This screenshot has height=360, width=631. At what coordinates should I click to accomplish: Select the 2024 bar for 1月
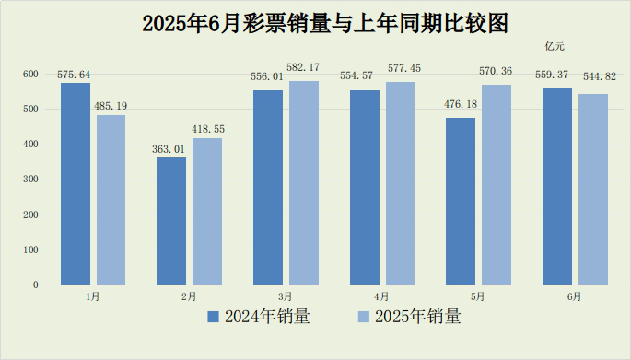(x=76, y=183)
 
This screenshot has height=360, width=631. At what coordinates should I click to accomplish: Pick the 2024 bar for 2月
(x=171, y=221)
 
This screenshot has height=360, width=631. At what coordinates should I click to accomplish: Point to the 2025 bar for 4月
(x=400, y=183)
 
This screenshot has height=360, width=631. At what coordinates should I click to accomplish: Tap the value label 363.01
(x=171, y=150)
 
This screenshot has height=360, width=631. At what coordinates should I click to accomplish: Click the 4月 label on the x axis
(x=381, y=296)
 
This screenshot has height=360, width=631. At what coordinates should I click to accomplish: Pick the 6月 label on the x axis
(x=574, y=296)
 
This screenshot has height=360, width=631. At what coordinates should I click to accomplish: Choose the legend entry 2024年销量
(x=259, y=317)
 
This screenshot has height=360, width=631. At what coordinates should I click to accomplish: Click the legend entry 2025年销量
(x=409, y=317)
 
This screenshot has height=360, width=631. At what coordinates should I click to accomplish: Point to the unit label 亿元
(x=555, y=46)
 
